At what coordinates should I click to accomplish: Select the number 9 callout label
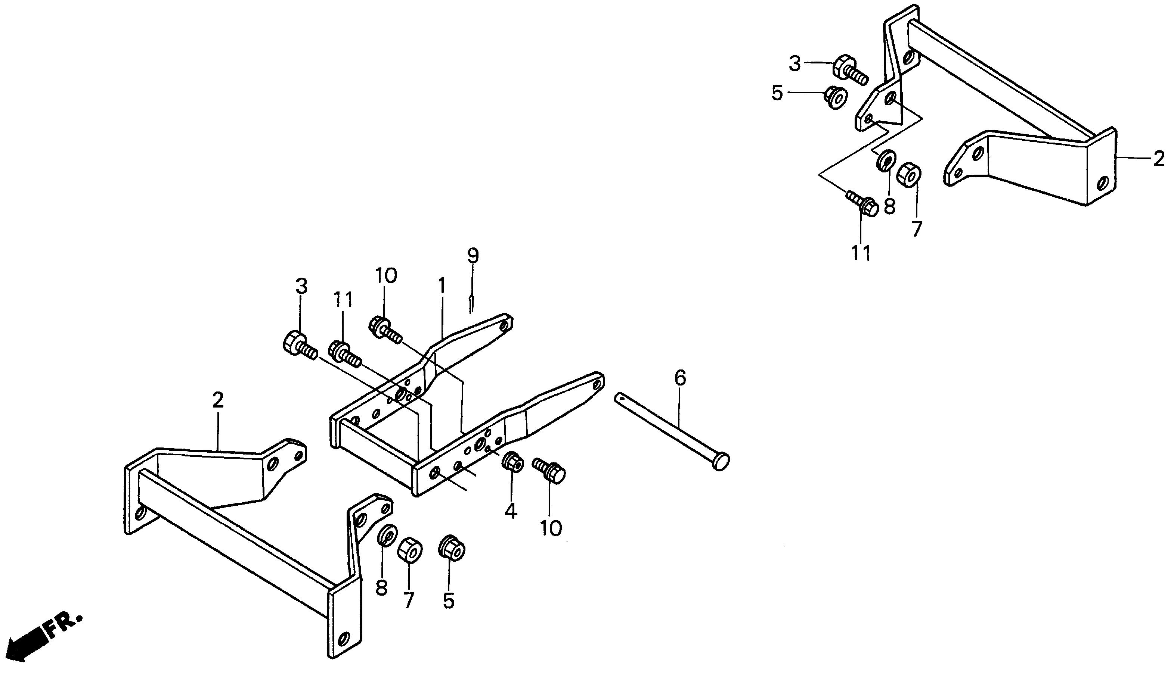point(472,256)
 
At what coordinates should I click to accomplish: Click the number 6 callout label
point(680,378)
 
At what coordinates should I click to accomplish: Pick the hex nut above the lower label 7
point(409,549)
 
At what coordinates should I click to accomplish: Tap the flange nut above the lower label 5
point(451,549)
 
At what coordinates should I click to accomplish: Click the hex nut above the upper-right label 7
point(908,173)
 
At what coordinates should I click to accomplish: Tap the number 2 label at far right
point(1158,159)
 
